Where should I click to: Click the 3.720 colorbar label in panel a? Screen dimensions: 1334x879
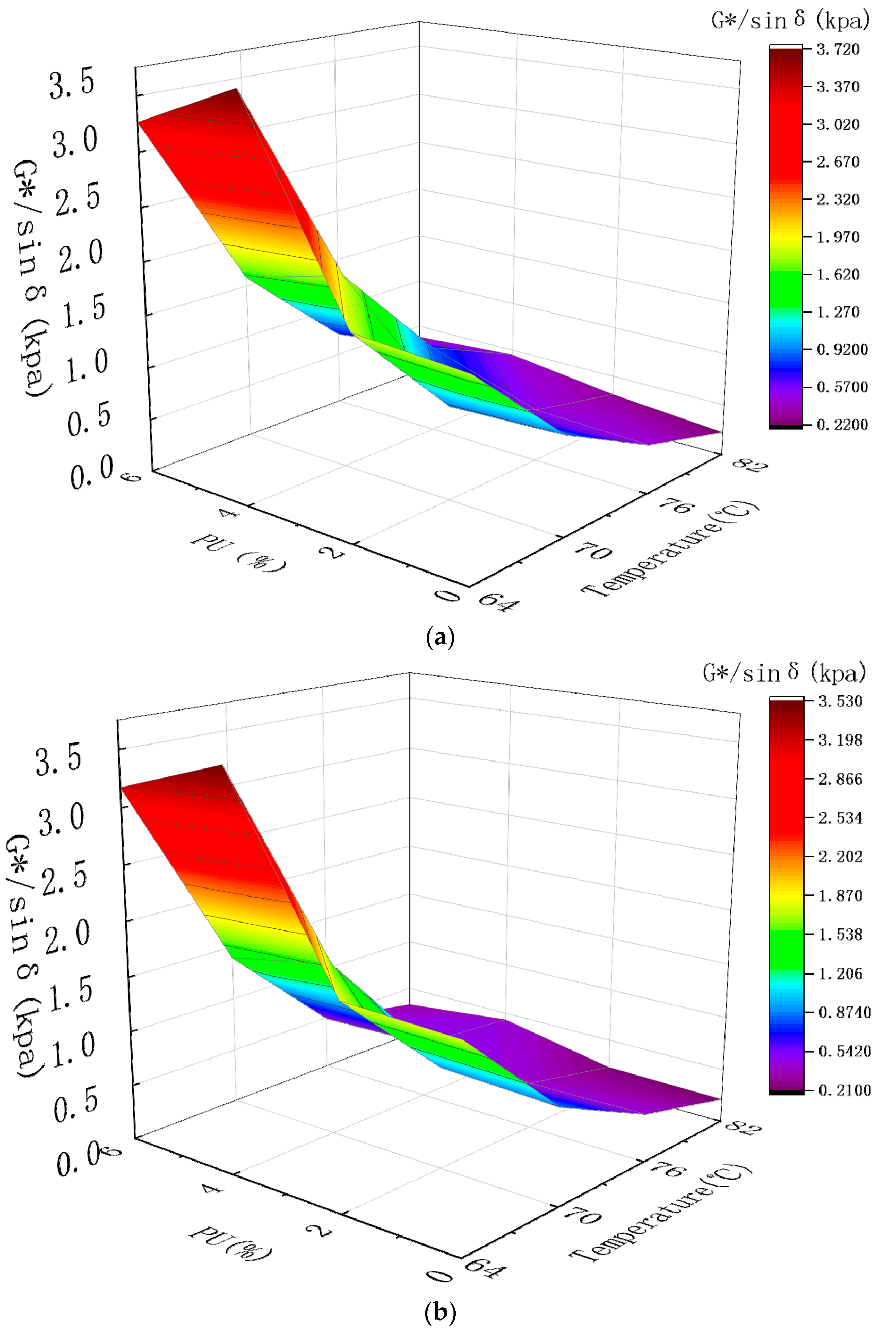[x=838, y=50]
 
